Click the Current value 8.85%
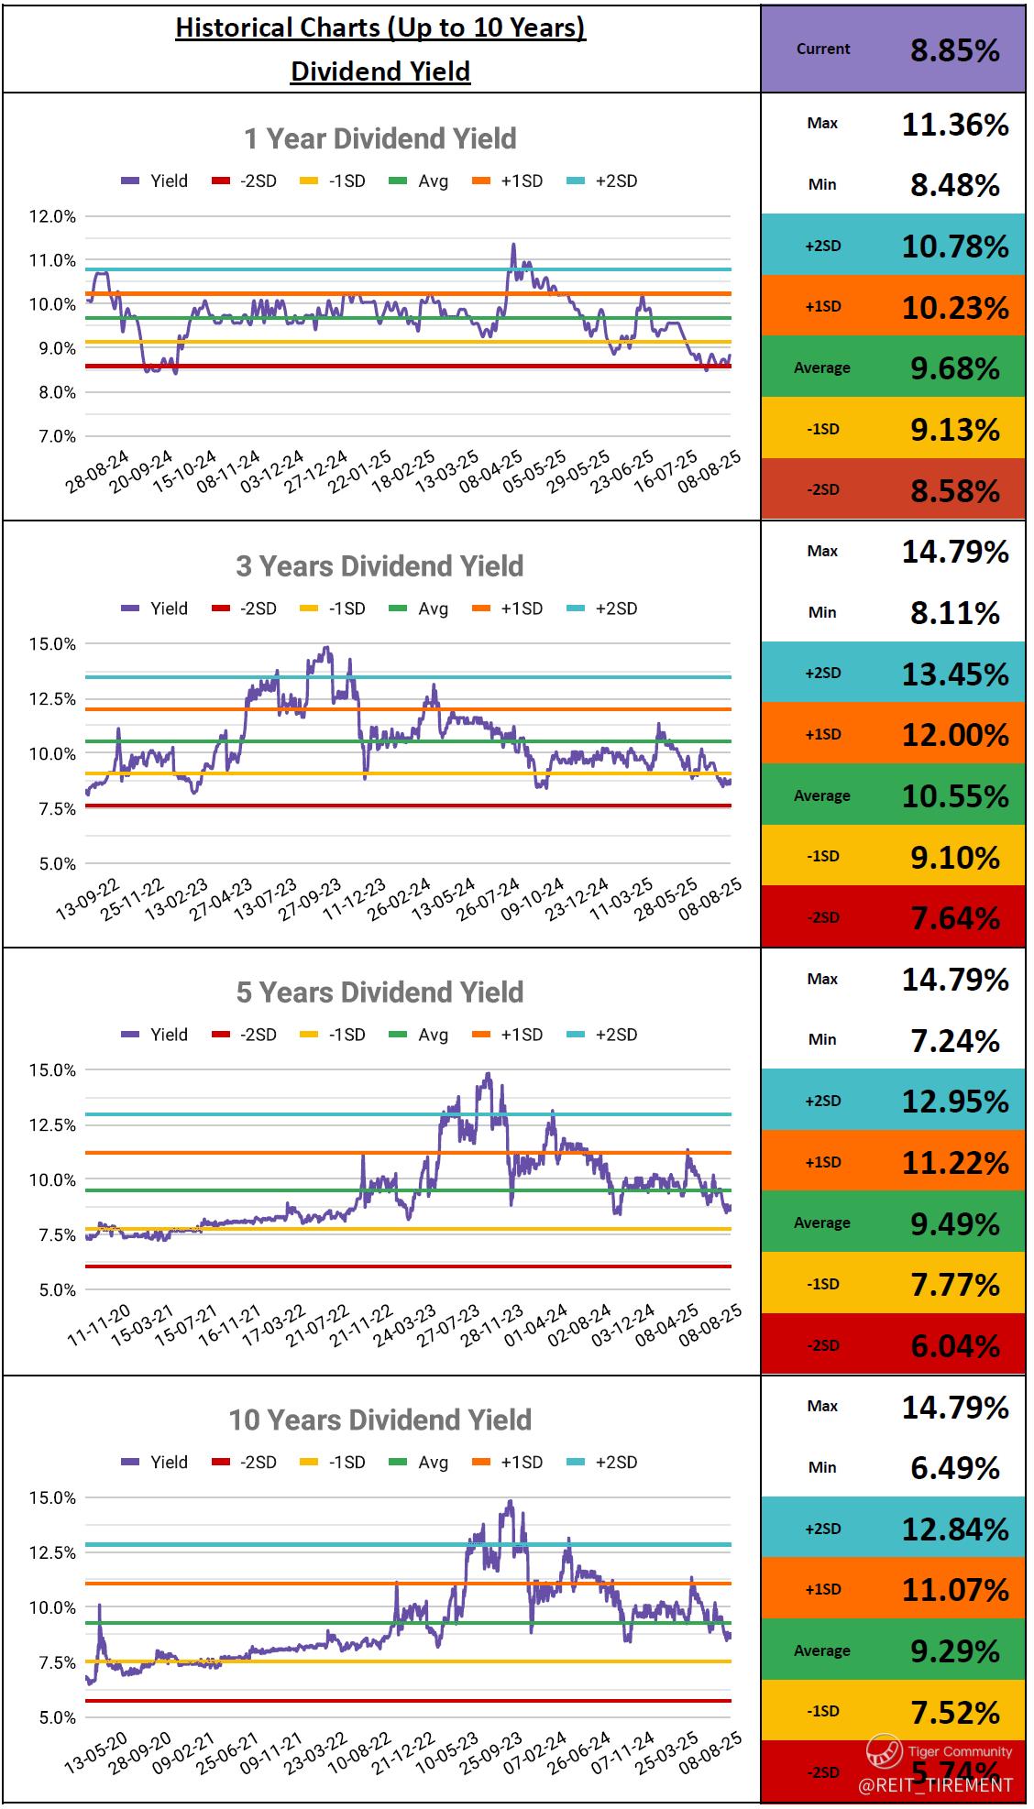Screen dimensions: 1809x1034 [954, 50]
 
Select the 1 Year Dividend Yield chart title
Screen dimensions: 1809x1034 [379, 138]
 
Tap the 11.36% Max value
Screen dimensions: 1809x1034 [954, 124]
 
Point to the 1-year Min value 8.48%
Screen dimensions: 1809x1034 [954, 185]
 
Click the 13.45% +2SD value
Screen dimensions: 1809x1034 [954, 674]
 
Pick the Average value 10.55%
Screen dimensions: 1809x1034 [954, 796]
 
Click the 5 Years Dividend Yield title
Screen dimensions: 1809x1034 [379, 992]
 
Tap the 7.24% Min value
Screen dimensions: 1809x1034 [954, 1040]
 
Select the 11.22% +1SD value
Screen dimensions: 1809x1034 [954, 1162]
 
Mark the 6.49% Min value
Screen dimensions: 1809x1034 [954, 1468]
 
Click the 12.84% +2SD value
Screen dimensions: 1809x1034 [954, 1529]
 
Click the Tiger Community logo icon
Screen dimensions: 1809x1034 [884, 1751]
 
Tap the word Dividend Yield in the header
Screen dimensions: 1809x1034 [379, 71]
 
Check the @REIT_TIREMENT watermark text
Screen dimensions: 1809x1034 [936, 1784]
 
